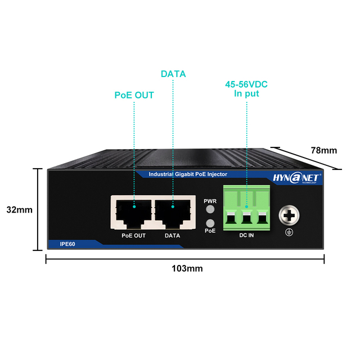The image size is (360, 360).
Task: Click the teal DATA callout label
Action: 173,74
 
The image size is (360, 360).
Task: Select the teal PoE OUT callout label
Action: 134,95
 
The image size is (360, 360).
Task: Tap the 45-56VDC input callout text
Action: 246,89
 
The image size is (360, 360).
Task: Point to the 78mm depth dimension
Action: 324,150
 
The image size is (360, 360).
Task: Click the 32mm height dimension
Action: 20,210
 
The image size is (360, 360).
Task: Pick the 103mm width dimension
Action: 187,268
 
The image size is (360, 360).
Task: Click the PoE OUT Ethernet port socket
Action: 134,214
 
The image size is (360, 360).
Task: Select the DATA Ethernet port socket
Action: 173,214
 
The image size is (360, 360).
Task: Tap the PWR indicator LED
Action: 210,209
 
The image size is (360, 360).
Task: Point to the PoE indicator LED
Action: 210,223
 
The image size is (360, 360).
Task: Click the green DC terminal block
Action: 246,208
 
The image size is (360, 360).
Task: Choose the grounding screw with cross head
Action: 289,215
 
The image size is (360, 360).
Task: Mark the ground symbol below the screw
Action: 289,232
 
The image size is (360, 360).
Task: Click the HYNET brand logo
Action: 297,178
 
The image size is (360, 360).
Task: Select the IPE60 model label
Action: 67,244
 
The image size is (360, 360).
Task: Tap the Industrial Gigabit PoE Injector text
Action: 188,174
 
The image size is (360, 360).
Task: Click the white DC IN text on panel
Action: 246,235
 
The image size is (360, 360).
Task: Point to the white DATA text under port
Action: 173,236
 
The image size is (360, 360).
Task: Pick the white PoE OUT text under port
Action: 134,236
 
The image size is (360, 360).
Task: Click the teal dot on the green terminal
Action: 246,206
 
